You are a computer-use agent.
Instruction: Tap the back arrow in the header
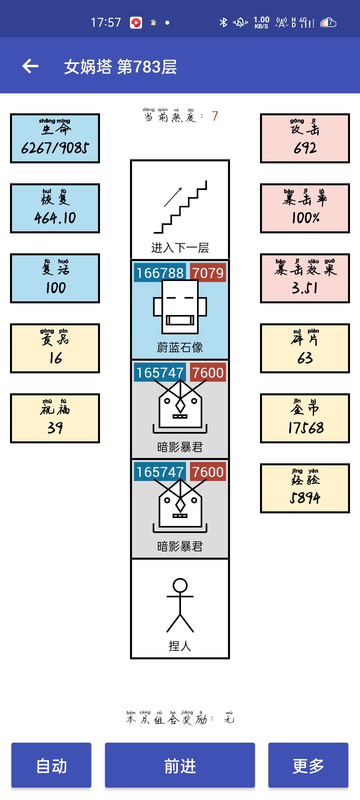click(30, 66)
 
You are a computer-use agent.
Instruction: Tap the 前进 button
click(180, 765)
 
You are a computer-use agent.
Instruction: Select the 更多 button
click(308, 765)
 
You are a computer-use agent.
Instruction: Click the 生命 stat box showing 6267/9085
click(55, 138)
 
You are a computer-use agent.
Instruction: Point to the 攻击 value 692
click(305, 148)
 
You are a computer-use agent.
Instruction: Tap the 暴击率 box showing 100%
click(305, 208)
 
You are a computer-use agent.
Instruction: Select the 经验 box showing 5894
click(305, 488)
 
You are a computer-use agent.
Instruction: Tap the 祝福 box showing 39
click(55, 418)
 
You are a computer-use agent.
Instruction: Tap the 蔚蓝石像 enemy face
click(180, 307)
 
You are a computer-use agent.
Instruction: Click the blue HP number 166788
click(160, 273)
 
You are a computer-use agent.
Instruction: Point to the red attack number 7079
click(208, 273)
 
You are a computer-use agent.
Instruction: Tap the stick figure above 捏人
click(180, 605)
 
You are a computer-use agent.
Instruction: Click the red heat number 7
click(215, 116)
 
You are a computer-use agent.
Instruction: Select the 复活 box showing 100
click(55, 278)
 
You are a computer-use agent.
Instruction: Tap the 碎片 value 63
click(305, 358)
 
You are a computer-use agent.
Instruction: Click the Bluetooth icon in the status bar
click(223, 22)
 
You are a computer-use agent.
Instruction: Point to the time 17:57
click(106, 22)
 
